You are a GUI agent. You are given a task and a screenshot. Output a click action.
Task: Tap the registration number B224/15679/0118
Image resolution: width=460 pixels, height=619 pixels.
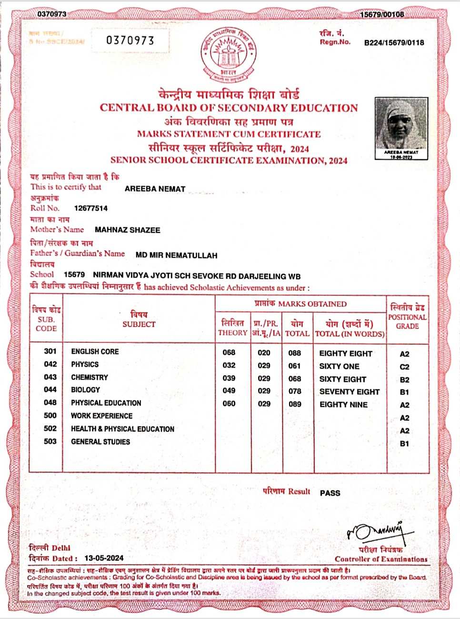click(x=394, y=42)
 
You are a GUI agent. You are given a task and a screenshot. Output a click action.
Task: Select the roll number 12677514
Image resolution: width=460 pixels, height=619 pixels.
click(x=91, y=208)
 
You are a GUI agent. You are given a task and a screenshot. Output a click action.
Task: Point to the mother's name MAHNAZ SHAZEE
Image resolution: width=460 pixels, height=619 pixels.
click(x=127, y=230)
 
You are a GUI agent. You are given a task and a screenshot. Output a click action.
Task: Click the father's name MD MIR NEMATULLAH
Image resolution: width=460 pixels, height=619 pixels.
click(x=176, y=255)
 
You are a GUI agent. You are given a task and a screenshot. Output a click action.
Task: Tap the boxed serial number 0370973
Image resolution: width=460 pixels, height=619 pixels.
click(x=130, y=40)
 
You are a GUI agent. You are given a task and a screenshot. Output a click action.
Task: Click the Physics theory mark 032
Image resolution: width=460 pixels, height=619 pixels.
click(x=229, y=366)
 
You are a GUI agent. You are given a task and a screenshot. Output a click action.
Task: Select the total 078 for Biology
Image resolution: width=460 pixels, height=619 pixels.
click(x=295, y=391)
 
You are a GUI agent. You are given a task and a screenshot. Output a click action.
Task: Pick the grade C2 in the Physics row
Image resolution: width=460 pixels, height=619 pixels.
click(x=404, y=367)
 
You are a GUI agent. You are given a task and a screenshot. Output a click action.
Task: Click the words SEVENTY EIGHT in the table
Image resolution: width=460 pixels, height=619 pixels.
click(x=349, y=392)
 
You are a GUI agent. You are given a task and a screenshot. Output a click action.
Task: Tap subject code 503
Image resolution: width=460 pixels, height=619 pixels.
click(x=50, y=441)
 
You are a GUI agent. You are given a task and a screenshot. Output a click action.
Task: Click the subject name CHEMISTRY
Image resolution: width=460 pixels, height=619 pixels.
click(x=90, y=377)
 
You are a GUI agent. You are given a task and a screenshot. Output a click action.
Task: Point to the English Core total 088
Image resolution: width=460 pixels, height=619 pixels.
click(x=295, y=353)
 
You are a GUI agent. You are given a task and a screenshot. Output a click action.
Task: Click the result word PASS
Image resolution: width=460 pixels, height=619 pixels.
click(x=330, y=493)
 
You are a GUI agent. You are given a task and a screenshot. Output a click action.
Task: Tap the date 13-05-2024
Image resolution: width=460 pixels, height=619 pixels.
click(x=104, y=558)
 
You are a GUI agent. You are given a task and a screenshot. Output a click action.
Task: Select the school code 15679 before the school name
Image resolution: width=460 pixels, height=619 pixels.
click(x=74, y=275)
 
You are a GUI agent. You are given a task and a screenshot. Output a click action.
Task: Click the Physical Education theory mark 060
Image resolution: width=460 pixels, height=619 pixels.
click(x=229, y=404)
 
